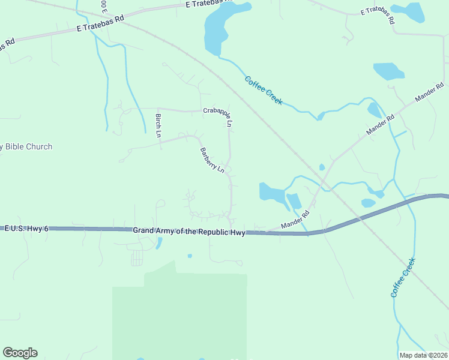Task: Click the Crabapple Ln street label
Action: tap(217, 115)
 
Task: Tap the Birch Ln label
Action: tap(158, 125)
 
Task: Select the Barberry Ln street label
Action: tap(212, 160)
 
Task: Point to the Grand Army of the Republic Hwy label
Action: tap(188, 231)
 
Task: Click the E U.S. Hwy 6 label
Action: tap(26, 229)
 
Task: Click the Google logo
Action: tap(20, 353)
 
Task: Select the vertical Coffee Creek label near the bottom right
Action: tap(403, 277)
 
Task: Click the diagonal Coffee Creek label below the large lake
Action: tap(264, 91)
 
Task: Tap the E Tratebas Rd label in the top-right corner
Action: tap(378, 15)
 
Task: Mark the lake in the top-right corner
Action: tap(415, 11)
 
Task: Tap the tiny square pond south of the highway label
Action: tap(190, 256)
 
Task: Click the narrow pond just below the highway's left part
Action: tap(158, 243)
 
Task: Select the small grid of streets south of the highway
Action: tap(137, 257)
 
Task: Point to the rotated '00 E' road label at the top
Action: tap(104, 7)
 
